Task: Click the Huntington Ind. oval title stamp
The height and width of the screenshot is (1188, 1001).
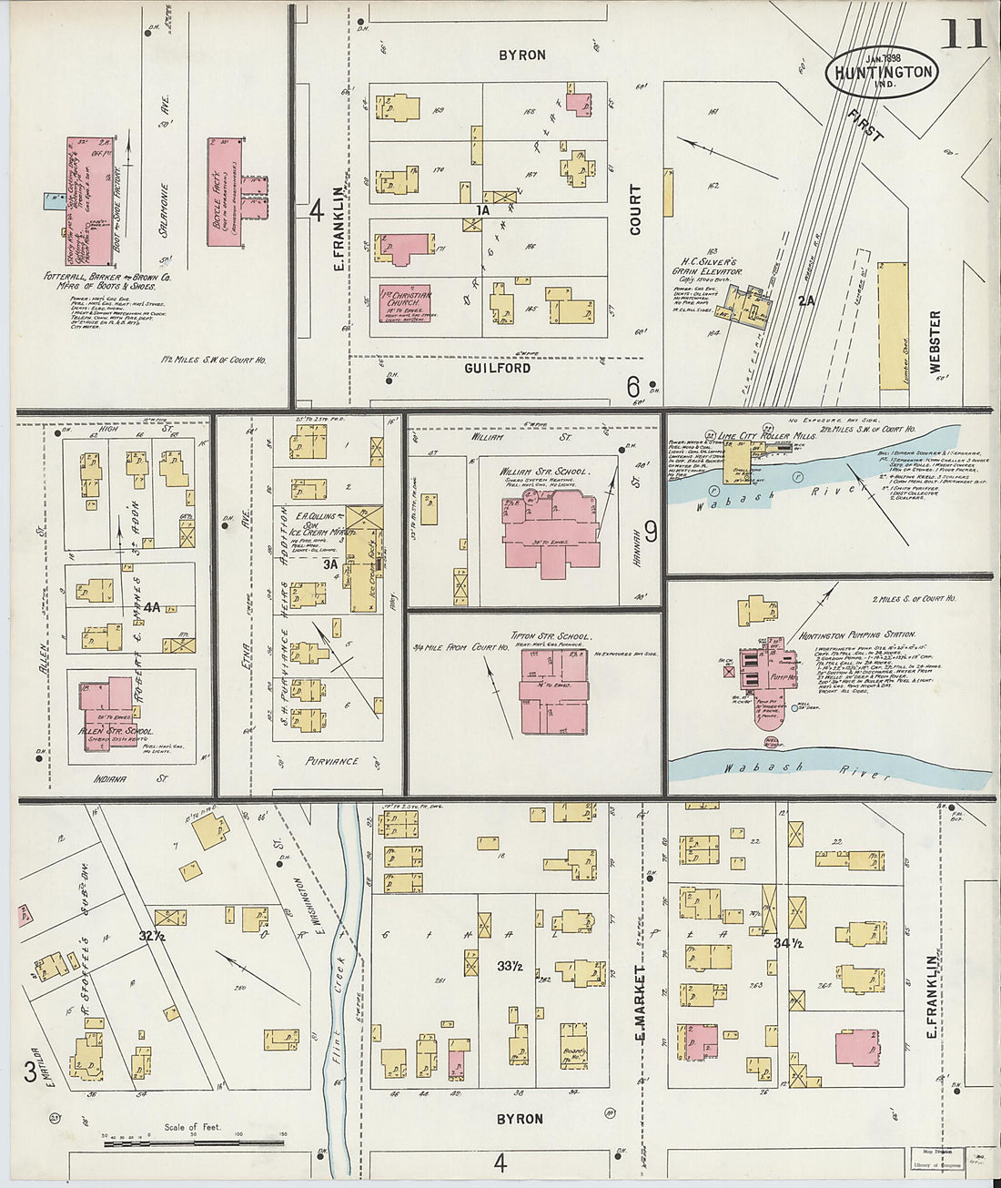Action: click(x=882, y=71)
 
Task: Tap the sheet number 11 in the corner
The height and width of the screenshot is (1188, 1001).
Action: click(x=961, y=34)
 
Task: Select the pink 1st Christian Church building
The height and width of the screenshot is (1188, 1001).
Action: click(x=404, y=303)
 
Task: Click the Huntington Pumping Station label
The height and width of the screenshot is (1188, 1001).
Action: click(x=857, y=635)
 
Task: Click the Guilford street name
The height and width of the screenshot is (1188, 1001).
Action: click(x=497, y=368)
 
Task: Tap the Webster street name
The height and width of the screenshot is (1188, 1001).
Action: click(x=935, y=342)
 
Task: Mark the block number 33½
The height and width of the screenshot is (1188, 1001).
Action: click(x=509, y=965)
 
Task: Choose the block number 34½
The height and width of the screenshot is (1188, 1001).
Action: click(x=787, y=943)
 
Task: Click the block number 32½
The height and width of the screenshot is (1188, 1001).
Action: click(x=151, y=935)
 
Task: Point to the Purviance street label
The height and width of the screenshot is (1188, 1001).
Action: click(x=331, y=761)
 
